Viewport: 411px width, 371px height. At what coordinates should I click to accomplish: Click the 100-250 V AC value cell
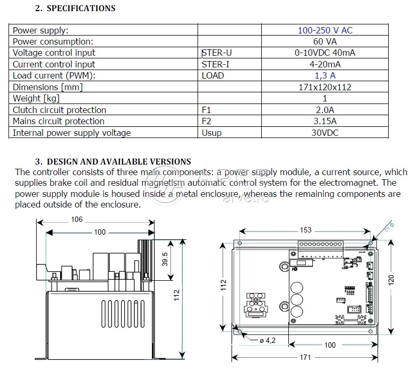pyautogui.click(x=325, y=30)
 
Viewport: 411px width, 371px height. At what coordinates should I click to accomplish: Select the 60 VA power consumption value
pyautogui.click(x=325, y=41)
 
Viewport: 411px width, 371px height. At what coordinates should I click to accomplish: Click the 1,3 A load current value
pyautogui.click(x=325, y=75)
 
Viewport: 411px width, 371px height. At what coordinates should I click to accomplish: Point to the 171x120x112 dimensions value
pyautogui.click(x=325, y=87)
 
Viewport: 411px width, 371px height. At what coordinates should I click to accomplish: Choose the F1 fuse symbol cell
pyautogui.click(x=207, y=110)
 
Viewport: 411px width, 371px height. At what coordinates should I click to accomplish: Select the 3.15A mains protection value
pyautogui.click(x=325, y=122)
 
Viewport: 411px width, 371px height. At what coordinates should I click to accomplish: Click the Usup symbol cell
pyautogui.click(x=211, y=133)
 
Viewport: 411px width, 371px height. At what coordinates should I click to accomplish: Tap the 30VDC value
pyautogui.click(x=325, y=133)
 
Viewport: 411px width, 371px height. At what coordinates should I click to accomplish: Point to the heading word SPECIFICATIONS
pyautogui.click(x=81, y=8)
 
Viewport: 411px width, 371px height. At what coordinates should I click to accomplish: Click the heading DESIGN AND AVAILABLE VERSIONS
pyautogui.click(x=119, y=161)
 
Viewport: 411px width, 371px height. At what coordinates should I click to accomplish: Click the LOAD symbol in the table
pyautogui.click(x=213, y=75)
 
